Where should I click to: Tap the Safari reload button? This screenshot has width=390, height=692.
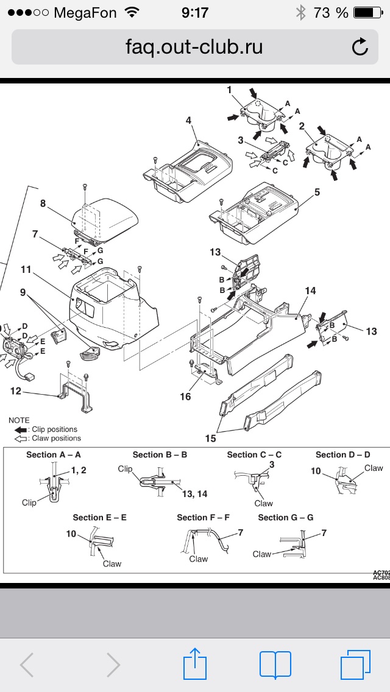(360, 47)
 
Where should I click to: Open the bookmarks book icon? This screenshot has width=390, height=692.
(275, 664)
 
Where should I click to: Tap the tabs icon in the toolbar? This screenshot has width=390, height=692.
(355, 664)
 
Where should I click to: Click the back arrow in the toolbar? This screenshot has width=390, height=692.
(27, 664)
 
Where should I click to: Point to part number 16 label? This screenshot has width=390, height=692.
(185, 397)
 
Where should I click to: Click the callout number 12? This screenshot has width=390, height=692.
(15, 390)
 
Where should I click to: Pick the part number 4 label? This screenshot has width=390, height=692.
(189, 121)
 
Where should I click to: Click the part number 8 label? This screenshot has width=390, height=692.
(43, 203)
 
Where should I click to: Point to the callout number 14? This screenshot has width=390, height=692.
(310, 291)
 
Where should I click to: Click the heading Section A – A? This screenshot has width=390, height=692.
(54, 455)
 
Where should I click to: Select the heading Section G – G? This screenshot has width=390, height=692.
(286, 517)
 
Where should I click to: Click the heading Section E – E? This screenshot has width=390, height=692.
(100, 517)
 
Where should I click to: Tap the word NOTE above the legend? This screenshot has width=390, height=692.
(19, 420)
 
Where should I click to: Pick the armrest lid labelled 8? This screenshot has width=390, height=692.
(104, 214)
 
